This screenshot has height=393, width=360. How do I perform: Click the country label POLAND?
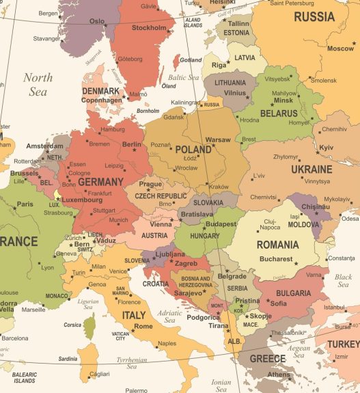(193, 149)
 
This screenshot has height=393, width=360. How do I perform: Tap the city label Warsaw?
(218, 139)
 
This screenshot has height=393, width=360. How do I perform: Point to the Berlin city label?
(131, 144)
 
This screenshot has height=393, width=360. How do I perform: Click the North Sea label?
(38, 84)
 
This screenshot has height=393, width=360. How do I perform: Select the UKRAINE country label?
(311, 169)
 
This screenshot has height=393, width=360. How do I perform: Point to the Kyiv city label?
(327, 148)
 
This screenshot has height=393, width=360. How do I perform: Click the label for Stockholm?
(149, 28)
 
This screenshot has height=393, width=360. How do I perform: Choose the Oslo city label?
(97, 21)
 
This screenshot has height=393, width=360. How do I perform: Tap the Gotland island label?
(191, 60)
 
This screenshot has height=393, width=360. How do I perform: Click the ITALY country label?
(134, 315)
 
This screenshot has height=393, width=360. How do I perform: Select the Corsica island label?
(72, 325)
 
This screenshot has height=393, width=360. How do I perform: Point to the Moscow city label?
(340, 49)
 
